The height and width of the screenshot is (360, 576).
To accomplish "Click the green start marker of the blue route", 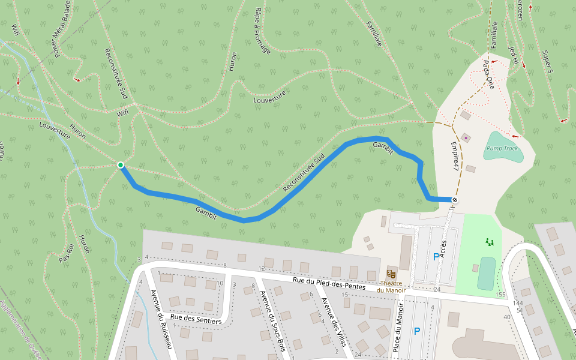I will pos(121,165).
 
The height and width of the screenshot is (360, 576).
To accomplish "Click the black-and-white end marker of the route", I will pos(455,200).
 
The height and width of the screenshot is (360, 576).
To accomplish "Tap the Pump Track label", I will pos(502,148).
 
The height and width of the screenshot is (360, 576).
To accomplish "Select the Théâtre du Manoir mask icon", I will pos(392,274).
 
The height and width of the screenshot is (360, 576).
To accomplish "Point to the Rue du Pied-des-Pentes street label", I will pos(329,283).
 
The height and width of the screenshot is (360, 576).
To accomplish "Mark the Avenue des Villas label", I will pos(334,322).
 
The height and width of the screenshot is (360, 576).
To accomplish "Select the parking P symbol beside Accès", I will pos(436,257).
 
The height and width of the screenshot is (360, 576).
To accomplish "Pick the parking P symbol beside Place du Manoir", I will pos(417,331).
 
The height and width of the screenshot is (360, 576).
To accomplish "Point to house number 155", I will pos(501,295).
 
